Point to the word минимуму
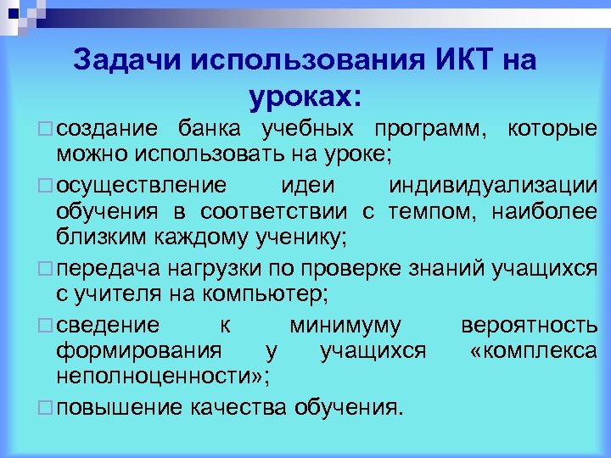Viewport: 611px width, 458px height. pos(345,325)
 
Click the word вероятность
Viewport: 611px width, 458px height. pos(529,325)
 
